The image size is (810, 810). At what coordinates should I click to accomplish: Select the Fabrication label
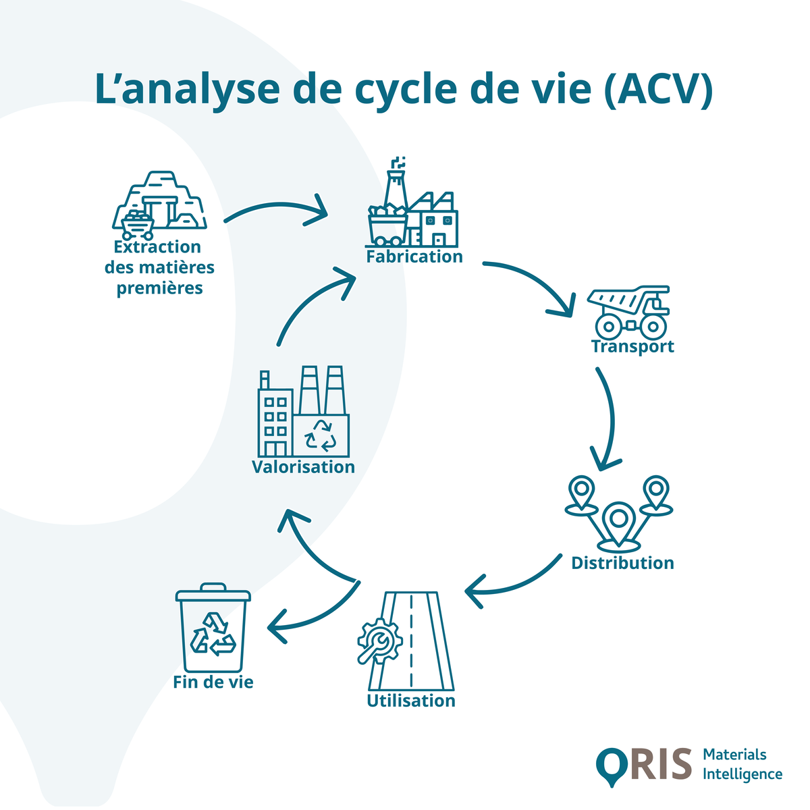414,257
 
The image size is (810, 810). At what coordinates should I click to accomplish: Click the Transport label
632,347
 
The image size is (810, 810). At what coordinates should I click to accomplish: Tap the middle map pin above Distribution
618,523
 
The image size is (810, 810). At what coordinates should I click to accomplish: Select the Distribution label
622,563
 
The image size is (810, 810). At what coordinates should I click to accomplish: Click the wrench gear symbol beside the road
379,642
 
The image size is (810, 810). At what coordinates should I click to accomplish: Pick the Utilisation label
411,701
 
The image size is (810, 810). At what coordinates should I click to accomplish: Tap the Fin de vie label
213,682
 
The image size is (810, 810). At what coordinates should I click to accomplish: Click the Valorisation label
303,467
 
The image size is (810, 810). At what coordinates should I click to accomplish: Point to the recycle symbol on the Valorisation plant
321,435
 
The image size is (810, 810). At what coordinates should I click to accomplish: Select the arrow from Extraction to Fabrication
277,209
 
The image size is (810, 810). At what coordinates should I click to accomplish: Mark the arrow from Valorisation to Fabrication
310,304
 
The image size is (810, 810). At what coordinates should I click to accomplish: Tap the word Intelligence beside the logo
742,774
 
